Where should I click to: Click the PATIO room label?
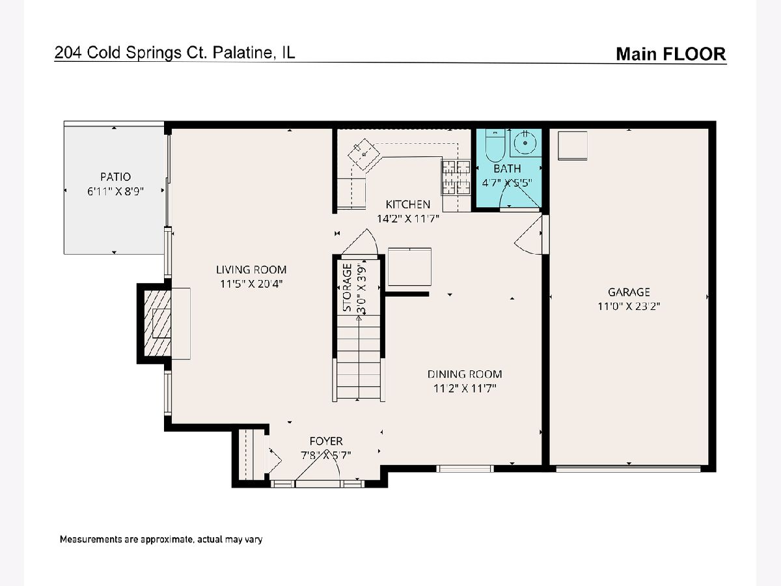[x=115, y=177]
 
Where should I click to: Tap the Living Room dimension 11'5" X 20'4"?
[x=251, y=284]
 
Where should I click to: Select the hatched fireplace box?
[x=158, y=323]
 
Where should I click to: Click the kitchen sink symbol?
[x=364, y=154]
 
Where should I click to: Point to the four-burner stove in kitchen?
[x=456, y=177]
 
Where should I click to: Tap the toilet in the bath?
[x=495, y=146]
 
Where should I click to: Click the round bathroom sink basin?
[x=525, y=143]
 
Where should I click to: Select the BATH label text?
[x=507, y=168]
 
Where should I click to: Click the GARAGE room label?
[x=629, y=292]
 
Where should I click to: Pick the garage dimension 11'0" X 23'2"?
[x=629, y=306]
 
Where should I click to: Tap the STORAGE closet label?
[x=348, y=288]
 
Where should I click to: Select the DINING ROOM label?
[x=465, y=374]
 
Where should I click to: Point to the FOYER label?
[x=326, y=441]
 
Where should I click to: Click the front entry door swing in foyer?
[x=318, y=466]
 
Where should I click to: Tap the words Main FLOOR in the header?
[x=671, y=54]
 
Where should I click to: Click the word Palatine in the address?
[x=243, y=53]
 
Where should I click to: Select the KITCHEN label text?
[x=408, y=204]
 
